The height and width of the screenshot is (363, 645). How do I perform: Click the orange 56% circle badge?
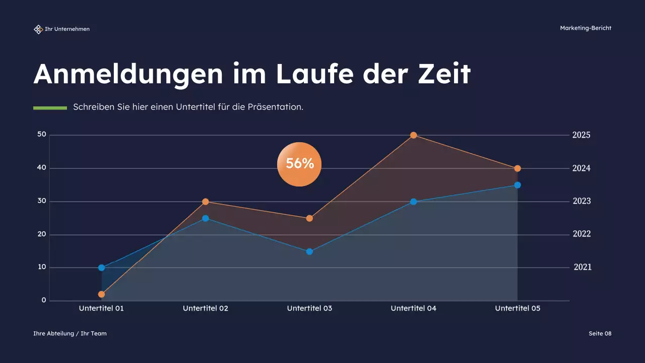299,164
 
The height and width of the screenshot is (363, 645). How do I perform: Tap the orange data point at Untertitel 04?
413,135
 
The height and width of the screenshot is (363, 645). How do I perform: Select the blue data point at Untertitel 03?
309,252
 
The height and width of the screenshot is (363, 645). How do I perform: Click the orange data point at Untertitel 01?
102,294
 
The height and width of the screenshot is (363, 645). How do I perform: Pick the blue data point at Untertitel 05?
518,185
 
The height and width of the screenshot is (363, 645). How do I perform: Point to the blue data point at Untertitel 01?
102,268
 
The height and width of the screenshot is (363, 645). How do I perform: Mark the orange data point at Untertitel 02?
206,202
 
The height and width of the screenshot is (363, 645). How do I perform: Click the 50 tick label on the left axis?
41,135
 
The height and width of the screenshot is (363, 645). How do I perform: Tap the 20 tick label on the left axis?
41,234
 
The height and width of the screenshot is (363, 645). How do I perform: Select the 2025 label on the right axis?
581,135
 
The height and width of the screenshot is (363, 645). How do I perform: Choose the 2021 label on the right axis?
583,268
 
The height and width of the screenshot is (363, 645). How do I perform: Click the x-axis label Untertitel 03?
309,308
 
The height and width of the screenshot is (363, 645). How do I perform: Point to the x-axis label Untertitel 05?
518,308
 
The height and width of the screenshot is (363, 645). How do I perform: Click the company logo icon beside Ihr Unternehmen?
38,29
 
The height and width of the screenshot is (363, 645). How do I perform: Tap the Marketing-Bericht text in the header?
586,28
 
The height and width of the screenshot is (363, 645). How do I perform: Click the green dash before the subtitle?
50,108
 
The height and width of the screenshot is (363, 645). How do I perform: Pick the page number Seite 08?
600,334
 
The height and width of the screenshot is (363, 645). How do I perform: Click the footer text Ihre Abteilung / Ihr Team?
70,334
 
